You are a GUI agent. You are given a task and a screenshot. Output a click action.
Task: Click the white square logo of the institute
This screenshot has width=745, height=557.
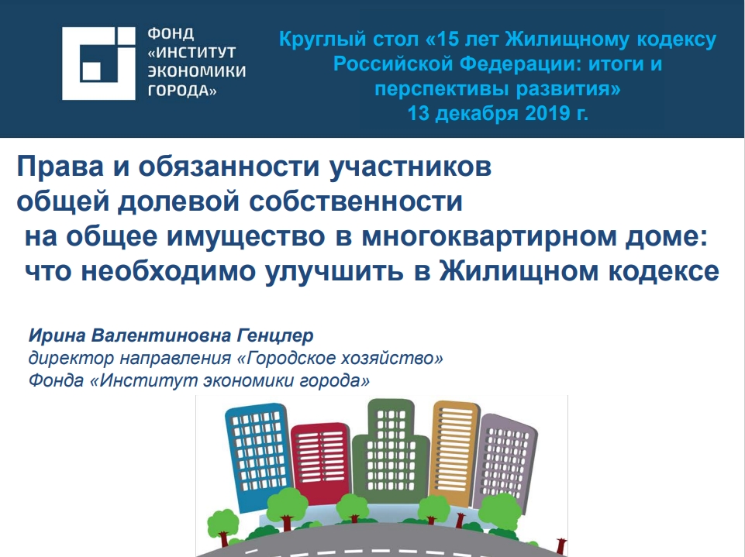[x=98, y=64]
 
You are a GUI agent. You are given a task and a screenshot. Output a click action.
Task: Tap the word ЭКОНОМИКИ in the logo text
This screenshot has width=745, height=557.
[x=197, y=71]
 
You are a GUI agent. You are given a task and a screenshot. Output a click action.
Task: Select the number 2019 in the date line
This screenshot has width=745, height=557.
[x=547, y=113]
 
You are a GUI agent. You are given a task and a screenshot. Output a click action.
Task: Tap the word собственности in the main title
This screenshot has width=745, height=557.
[x=355, y=201]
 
